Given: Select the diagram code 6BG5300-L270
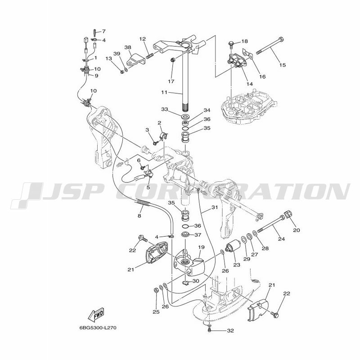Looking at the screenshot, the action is click(98, 328).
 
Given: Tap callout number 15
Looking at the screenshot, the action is click(283, 65).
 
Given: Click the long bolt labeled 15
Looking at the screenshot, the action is click(270, 45).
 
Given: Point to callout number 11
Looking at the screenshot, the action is click(164, 93).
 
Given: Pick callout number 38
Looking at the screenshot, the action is click(128, 47).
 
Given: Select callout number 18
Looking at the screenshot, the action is click(245, 41).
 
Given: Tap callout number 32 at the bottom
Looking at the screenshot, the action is click(230, 331).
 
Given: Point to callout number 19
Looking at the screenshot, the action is click(201, 247).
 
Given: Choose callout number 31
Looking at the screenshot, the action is click(215, 207).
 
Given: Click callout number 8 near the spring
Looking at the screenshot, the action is click(139, 216).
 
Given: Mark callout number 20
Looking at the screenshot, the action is click(297, 230).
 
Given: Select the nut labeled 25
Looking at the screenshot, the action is click(155, 290).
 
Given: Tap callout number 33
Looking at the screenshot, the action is click(164, 109).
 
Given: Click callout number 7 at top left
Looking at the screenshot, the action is click(104, 31).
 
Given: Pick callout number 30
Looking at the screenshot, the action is click(196, 281).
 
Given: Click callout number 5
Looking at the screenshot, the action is click(148, 188).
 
